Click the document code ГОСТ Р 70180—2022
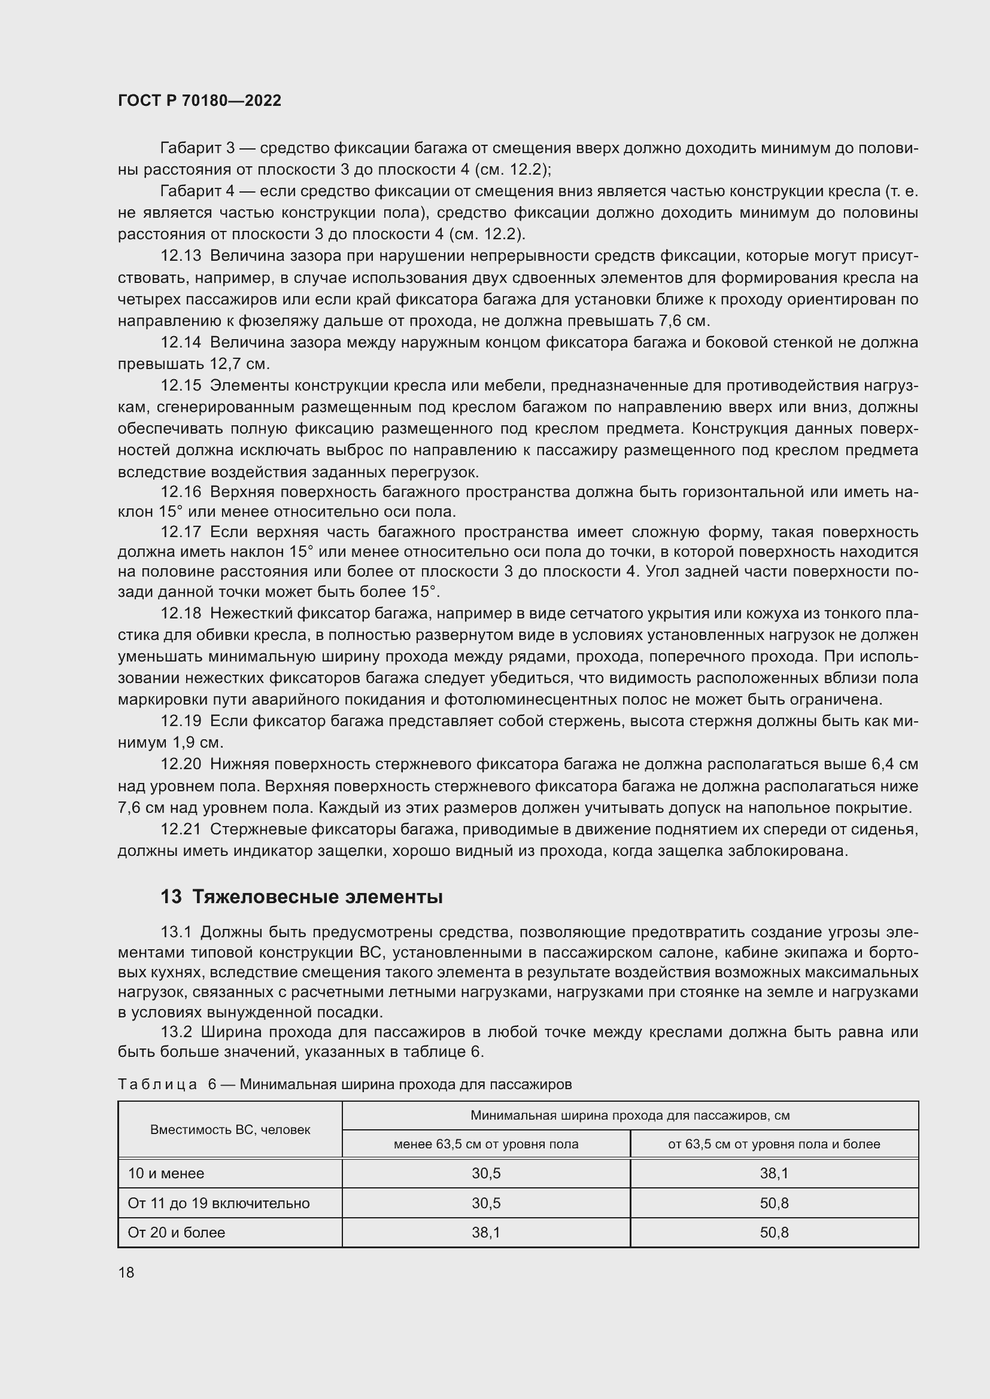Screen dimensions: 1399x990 click(199, 100)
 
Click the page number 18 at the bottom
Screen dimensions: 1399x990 click(126, 1272)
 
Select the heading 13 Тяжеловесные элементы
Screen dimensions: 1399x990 click(301, 897)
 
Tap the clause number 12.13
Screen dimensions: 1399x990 click(180, 256)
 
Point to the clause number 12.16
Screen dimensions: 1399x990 click(180, 492)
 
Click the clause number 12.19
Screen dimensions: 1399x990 click(180, 721)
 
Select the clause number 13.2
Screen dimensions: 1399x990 click(176, 1032)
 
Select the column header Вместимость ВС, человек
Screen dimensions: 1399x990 click(230, 1129)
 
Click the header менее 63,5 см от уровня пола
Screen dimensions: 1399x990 click(486, 1144)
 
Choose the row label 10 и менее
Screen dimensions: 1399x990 click(166, 1173)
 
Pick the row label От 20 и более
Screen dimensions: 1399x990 click(176, 1232)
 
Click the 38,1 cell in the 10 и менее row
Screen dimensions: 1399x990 click(773, 1173)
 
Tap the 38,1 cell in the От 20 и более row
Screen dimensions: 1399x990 click(486, 1233)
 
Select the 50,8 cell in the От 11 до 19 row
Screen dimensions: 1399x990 click(773, 1203)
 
